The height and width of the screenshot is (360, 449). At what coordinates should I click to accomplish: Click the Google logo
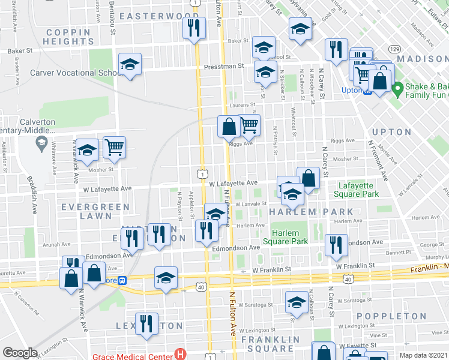(x=20, y=353)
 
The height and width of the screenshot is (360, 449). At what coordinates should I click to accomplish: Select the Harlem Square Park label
(x=289, y=237)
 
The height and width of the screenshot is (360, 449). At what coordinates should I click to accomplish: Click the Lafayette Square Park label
(x=359, y=190)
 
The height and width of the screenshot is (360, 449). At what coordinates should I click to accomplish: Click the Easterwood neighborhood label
(x=158, y=16)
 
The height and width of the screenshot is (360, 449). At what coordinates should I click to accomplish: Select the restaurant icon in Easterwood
(x=194, y=28)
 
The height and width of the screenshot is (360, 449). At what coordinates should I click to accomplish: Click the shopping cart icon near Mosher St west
(x=114, y=146)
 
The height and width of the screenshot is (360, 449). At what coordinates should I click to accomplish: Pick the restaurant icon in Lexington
(x=146, y=324)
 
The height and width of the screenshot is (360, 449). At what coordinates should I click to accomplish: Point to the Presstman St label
(x=223, y=67)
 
